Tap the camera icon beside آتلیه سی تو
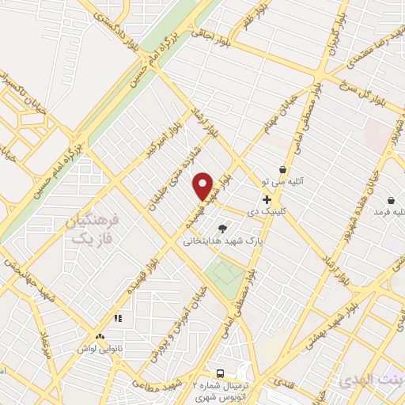tap(283, 170)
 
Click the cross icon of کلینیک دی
tap(267, 199)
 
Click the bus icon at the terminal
tap(221, 373)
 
